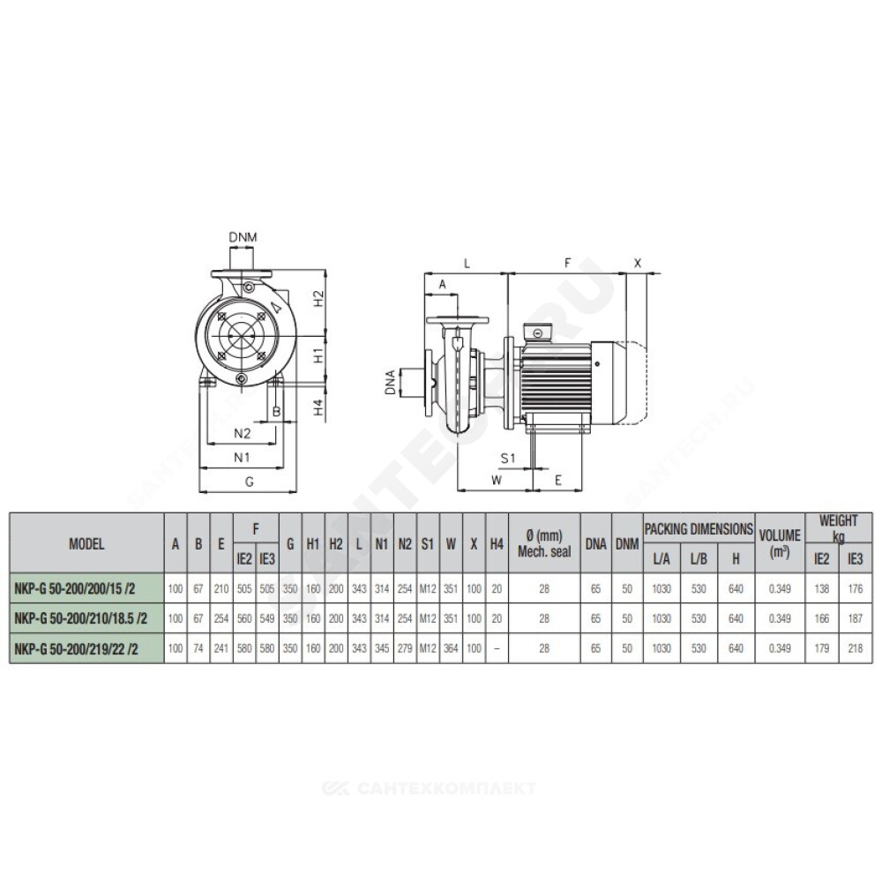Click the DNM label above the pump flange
tap(243, 236)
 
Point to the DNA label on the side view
tap(390, 382)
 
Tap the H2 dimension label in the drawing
tap(318, 298)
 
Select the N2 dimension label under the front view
tap(242, 433)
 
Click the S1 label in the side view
tap(508, 458)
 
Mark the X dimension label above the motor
tap(638, 263)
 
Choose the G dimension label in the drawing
tap(250, 481)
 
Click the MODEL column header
tap(86, 544)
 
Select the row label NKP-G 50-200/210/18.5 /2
tap(80, 619)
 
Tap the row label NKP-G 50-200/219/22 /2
tap(76, 648)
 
